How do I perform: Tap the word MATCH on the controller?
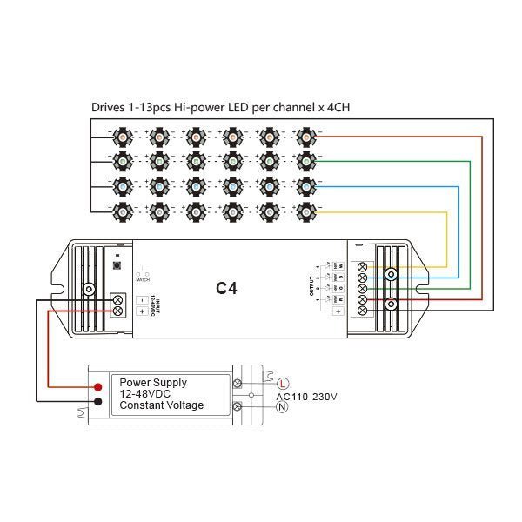[143, 279]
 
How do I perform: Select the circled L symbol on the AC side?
[283, 383]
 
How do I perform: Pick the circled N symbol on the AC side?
[282, 407]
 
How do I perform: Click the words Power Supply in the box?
[153, 382]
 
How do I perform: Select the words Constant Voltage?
[161, 405]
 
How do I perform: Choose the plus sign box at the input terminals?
[139, 311]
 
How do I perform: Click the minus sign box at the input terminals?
[139, 298]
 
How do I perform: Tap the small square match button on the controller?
[117, 262]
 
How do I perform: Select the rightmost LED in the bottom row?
[305, 211]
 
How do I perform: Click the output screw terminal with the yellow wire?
[362, 264]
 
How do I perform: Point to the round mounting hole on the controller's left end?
[89, 289]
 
